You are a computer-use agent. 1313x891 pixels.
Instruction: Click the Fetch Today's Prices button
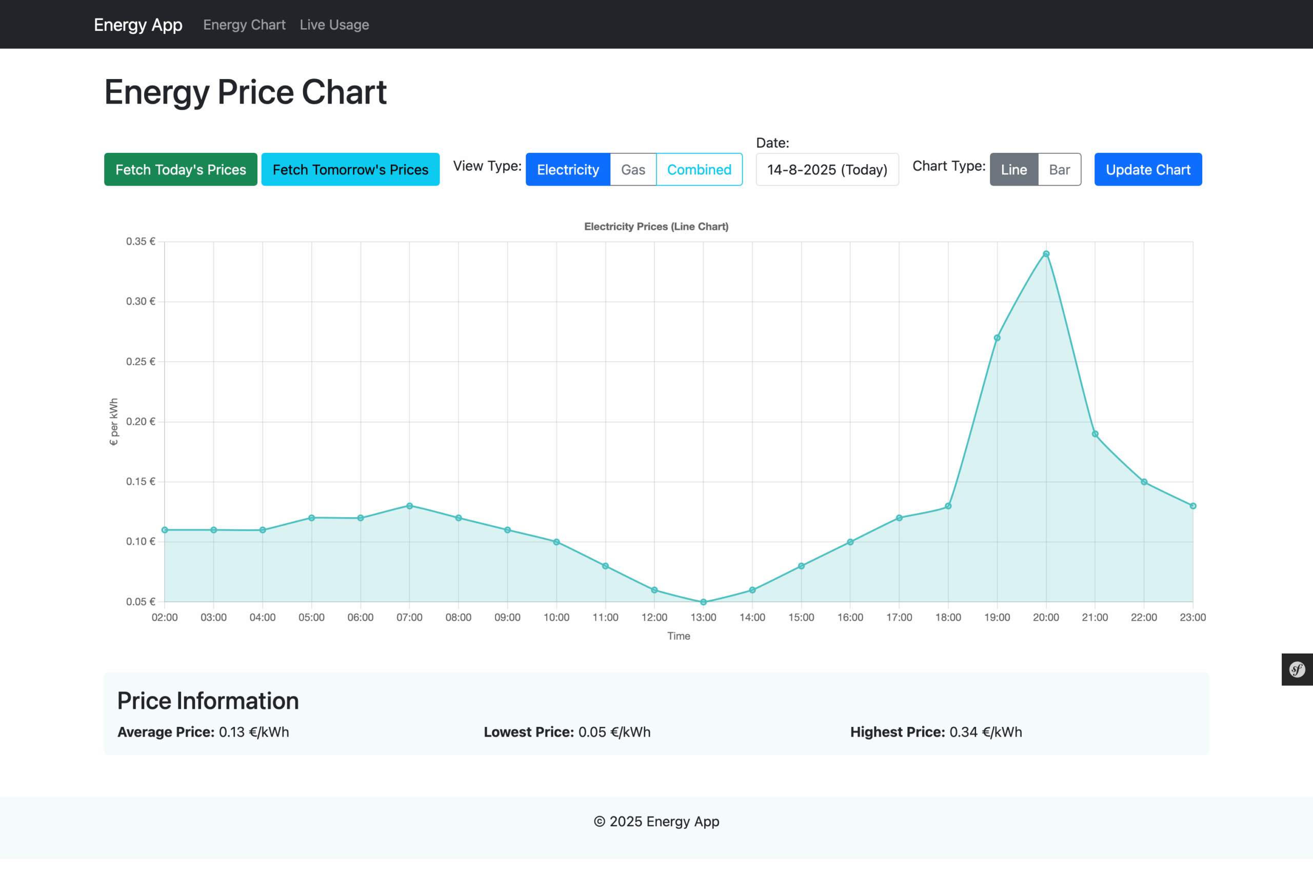pos(180,169)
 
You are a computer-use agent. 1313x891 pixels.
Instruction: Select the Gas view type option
pos(633,169)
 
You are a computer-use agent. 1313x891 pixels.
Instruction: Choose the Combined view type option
pos(699,169)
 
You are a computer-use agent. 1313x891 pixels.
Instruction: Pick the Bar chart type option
pos(1059,169)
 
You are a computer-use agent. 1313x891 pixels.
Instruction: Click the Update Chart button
pos(1147,169)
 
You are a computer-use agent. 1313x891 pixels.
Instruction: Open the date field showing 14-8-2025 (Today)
pos(827,169)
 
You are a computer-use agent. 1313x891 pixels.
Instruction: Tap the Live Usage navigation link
pos(334,25)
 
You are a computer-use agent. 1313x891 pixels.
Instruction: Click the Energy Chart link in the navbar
pos(244,25)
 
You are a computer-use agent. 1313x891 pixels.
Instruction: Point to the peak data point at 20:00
pos(1046,254)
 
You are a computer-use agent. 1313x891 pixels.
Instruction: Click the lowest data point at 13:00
pos(703,602)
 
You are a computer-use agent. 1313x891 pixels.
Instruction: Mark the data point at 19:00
pos(997,338)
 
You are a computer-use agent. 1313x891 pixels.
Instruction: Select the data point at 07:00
pos(410,506)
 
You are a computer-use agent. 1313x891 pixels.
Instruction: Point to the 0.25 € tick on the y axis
pos(141,362)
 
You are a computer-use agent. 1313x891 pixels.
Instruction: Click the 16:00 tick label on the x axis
pos(850,618)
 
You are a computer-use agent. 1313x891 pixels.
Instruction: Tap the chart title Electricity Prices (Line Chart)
pos(656,227)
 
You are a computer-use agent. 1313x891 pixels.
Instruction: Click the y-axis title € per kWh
pos(113,422)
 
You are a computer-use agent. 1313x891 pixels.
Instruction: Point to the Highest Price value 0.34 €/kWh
pos(985,732)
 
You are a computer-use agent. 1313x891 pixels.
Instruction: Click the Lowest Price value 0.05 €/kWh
pos(614,732)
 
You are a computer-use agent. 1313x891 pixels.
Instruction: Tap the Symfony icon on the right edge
pos(1297,669)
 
